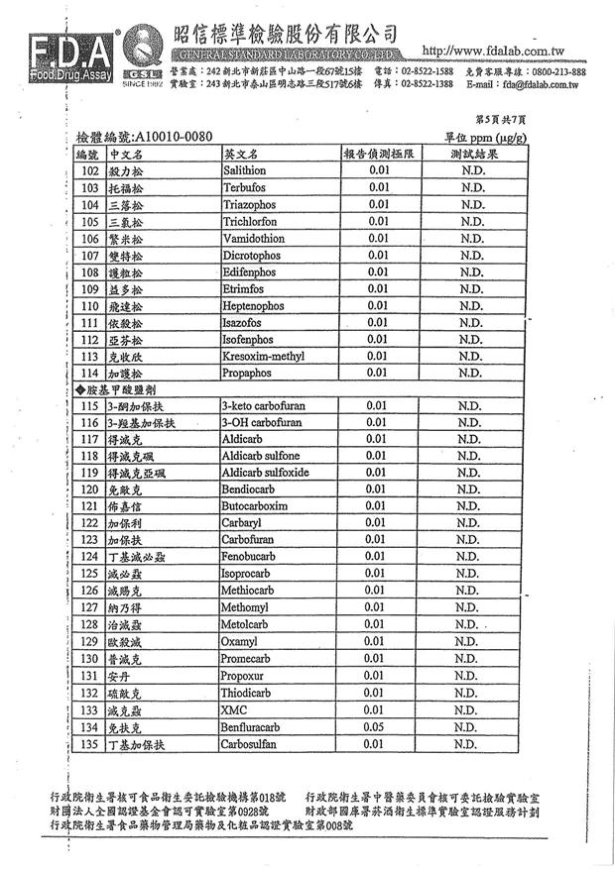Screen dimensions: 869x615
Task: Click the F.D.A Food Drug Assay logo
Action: (61, 56)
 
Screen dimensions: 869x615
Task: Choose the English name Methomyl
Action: (247, 607)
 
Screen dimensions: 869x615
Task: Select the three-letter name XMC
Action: (235, 709)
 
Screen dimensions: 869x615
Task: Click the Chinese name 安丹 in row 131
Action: (119, 676)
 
